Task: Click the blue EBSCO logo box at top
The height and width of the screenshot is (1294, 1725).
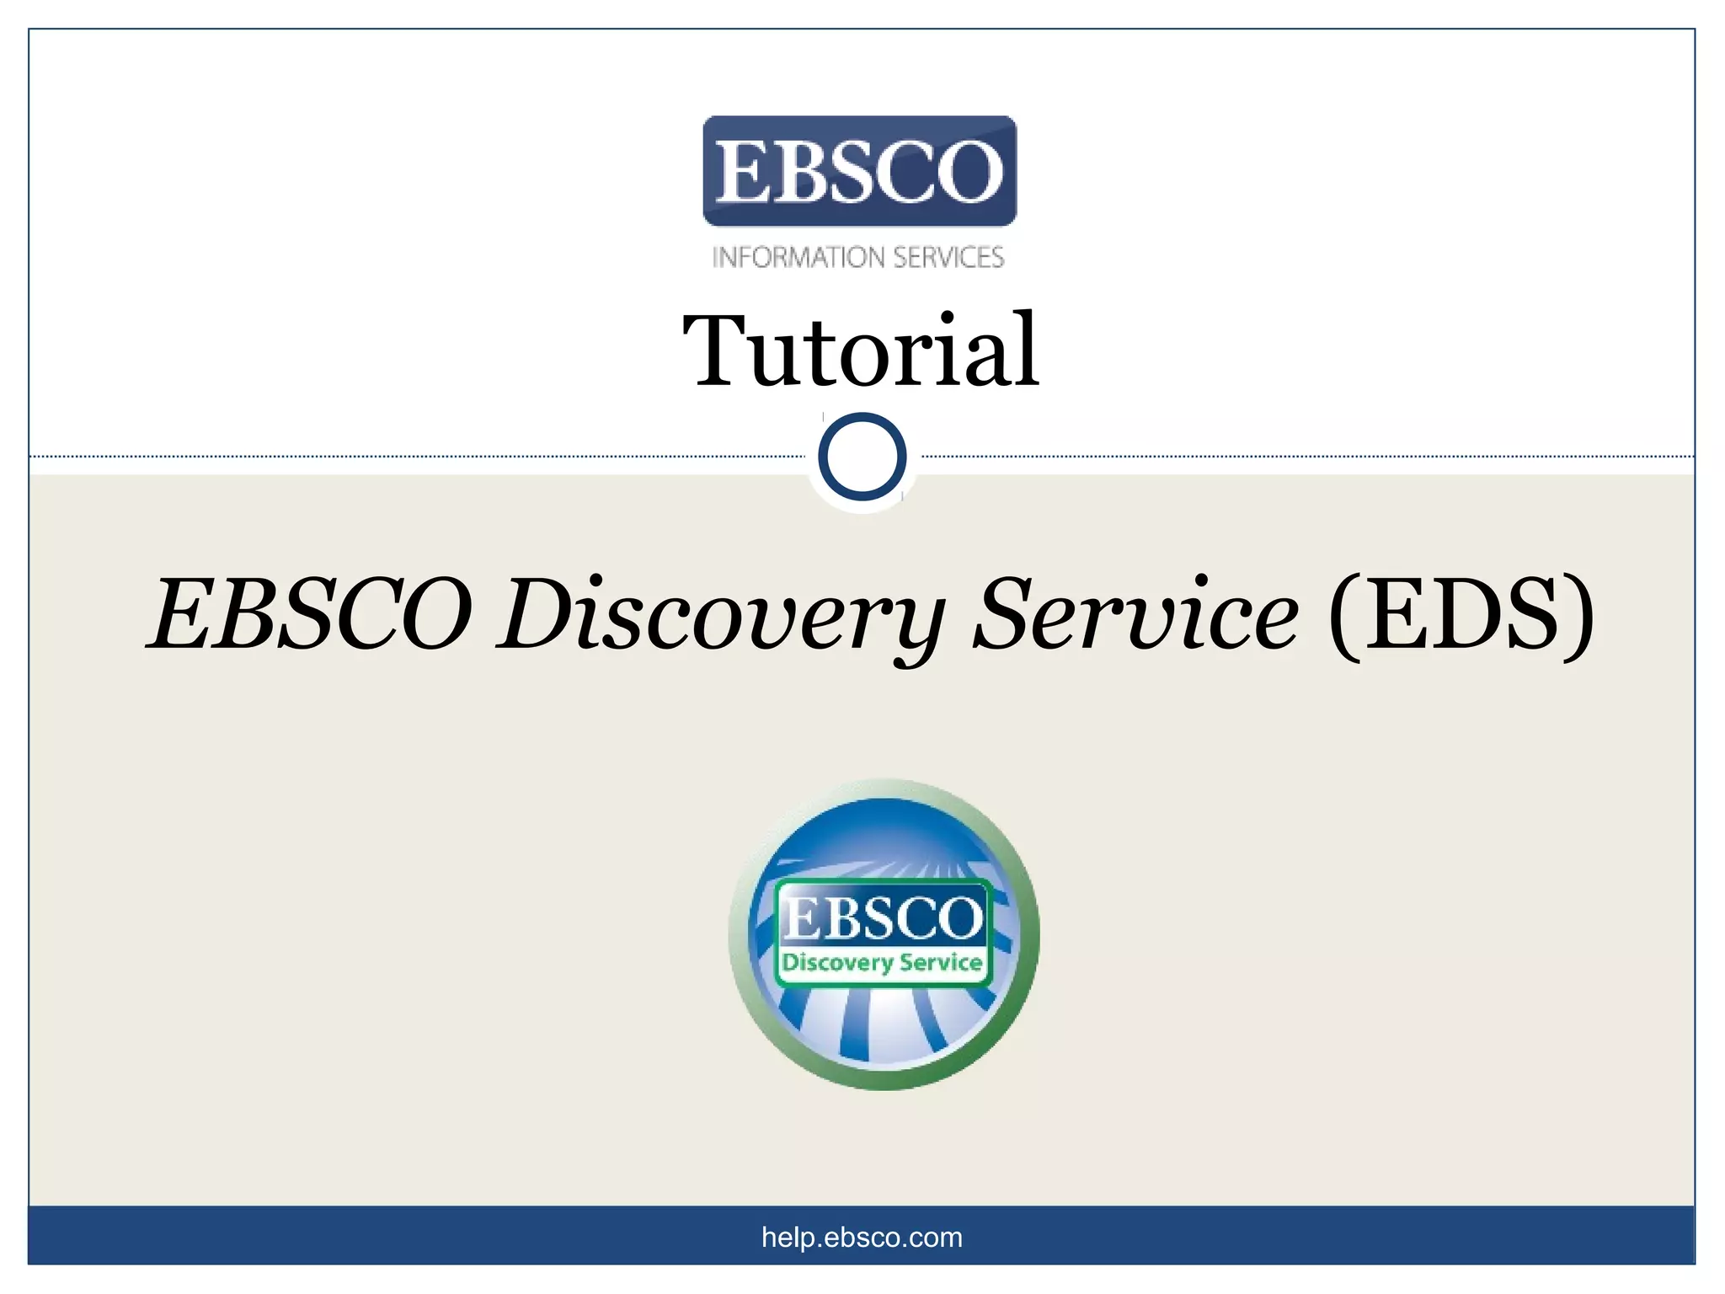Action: [x=859, y=171]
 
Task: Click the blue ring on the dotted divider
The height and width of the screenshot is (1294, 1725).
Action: [x=862, y=457]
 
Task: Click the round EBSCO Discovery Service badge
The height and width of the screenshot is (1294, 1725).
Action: [x=884, y=934]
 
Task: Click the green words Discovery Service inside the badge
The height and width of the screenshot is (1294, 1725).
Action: [x=882, y=963]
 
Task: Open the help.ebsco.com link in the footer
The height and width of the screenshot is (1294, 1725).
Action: [x=862, y=1237]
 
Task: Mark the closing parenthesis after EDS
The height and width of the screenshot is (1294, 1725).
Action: [x=1578, y=615]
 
